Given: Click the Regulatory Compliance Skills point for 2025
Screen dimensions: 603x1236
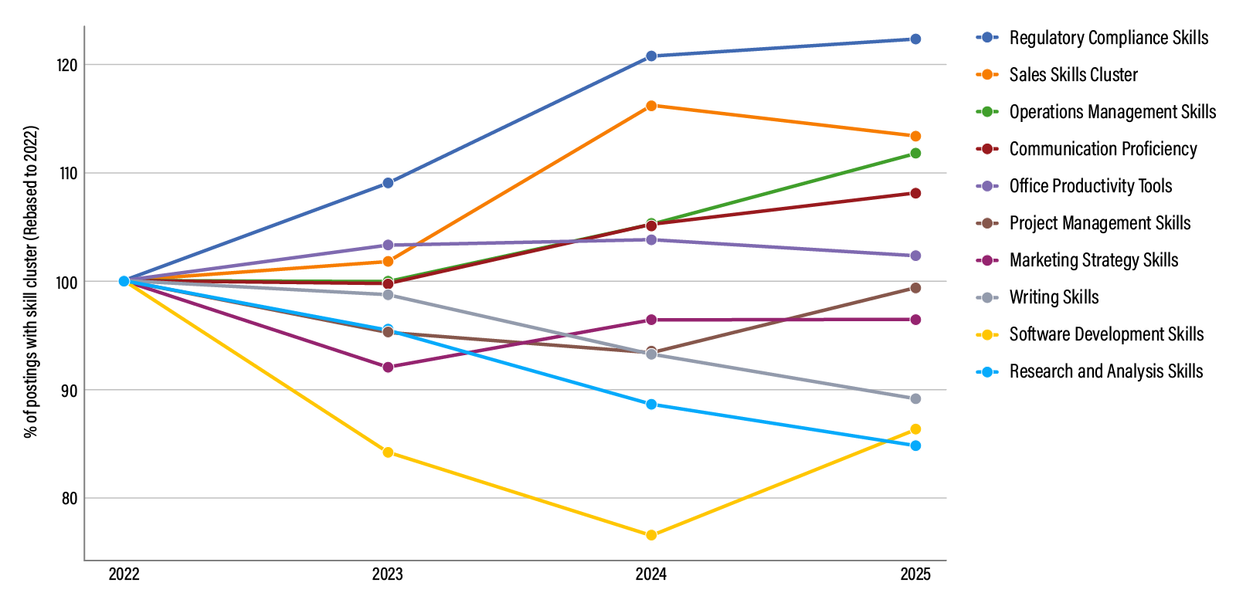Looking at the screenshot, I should point(915,39).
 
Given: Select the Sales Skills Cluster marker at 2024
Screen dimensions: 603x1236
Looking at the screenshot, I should point(651,106).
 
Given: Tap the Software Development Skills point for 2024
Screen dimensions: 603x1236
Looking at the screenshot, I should point(651,535).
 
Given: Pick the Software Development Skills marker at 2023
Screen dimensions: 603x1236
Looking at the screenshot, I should point(388,452).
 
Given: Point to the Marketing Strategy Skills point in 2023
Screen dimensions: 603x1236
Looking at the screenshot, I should point(388,368).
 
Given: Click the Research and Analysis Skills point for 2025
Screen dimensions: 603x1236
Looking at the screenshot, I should point(915,445).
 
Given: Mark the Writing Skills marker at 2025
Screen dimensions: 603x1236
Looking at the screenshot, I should point(915,399).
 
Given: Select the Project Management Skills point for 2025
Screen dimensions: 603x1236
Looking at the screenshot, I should point(915,288).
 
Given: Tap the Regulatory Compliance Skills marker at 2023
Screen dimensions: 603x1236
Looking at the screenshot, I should point(388,183).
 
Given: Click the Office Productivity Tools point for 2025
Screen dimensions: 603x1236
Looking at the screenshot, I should point(915,256).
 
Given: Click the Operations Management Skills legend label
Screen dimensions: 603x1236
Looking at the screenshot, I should point(1112,112).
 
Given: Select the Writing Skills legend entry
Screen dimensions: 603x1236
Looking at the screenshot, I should point(1054,297).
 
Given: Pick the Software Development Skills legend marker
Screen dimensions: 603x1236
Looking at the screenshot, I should point(987,334).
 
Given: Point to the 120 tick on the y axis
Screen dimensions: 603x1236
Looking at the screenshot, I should point(67,65).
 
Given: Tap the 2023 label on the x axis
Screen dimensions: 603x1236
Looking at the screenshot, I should point(388,574).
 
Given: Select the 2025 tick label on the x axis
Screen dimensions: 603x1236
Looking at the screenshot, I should point(915,574).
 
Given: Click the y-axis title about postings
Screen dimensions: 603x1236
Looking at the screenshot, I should point(31,282).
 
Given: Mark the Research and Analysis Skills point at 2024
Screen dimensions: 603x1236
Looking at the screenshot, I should point(651,405).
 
